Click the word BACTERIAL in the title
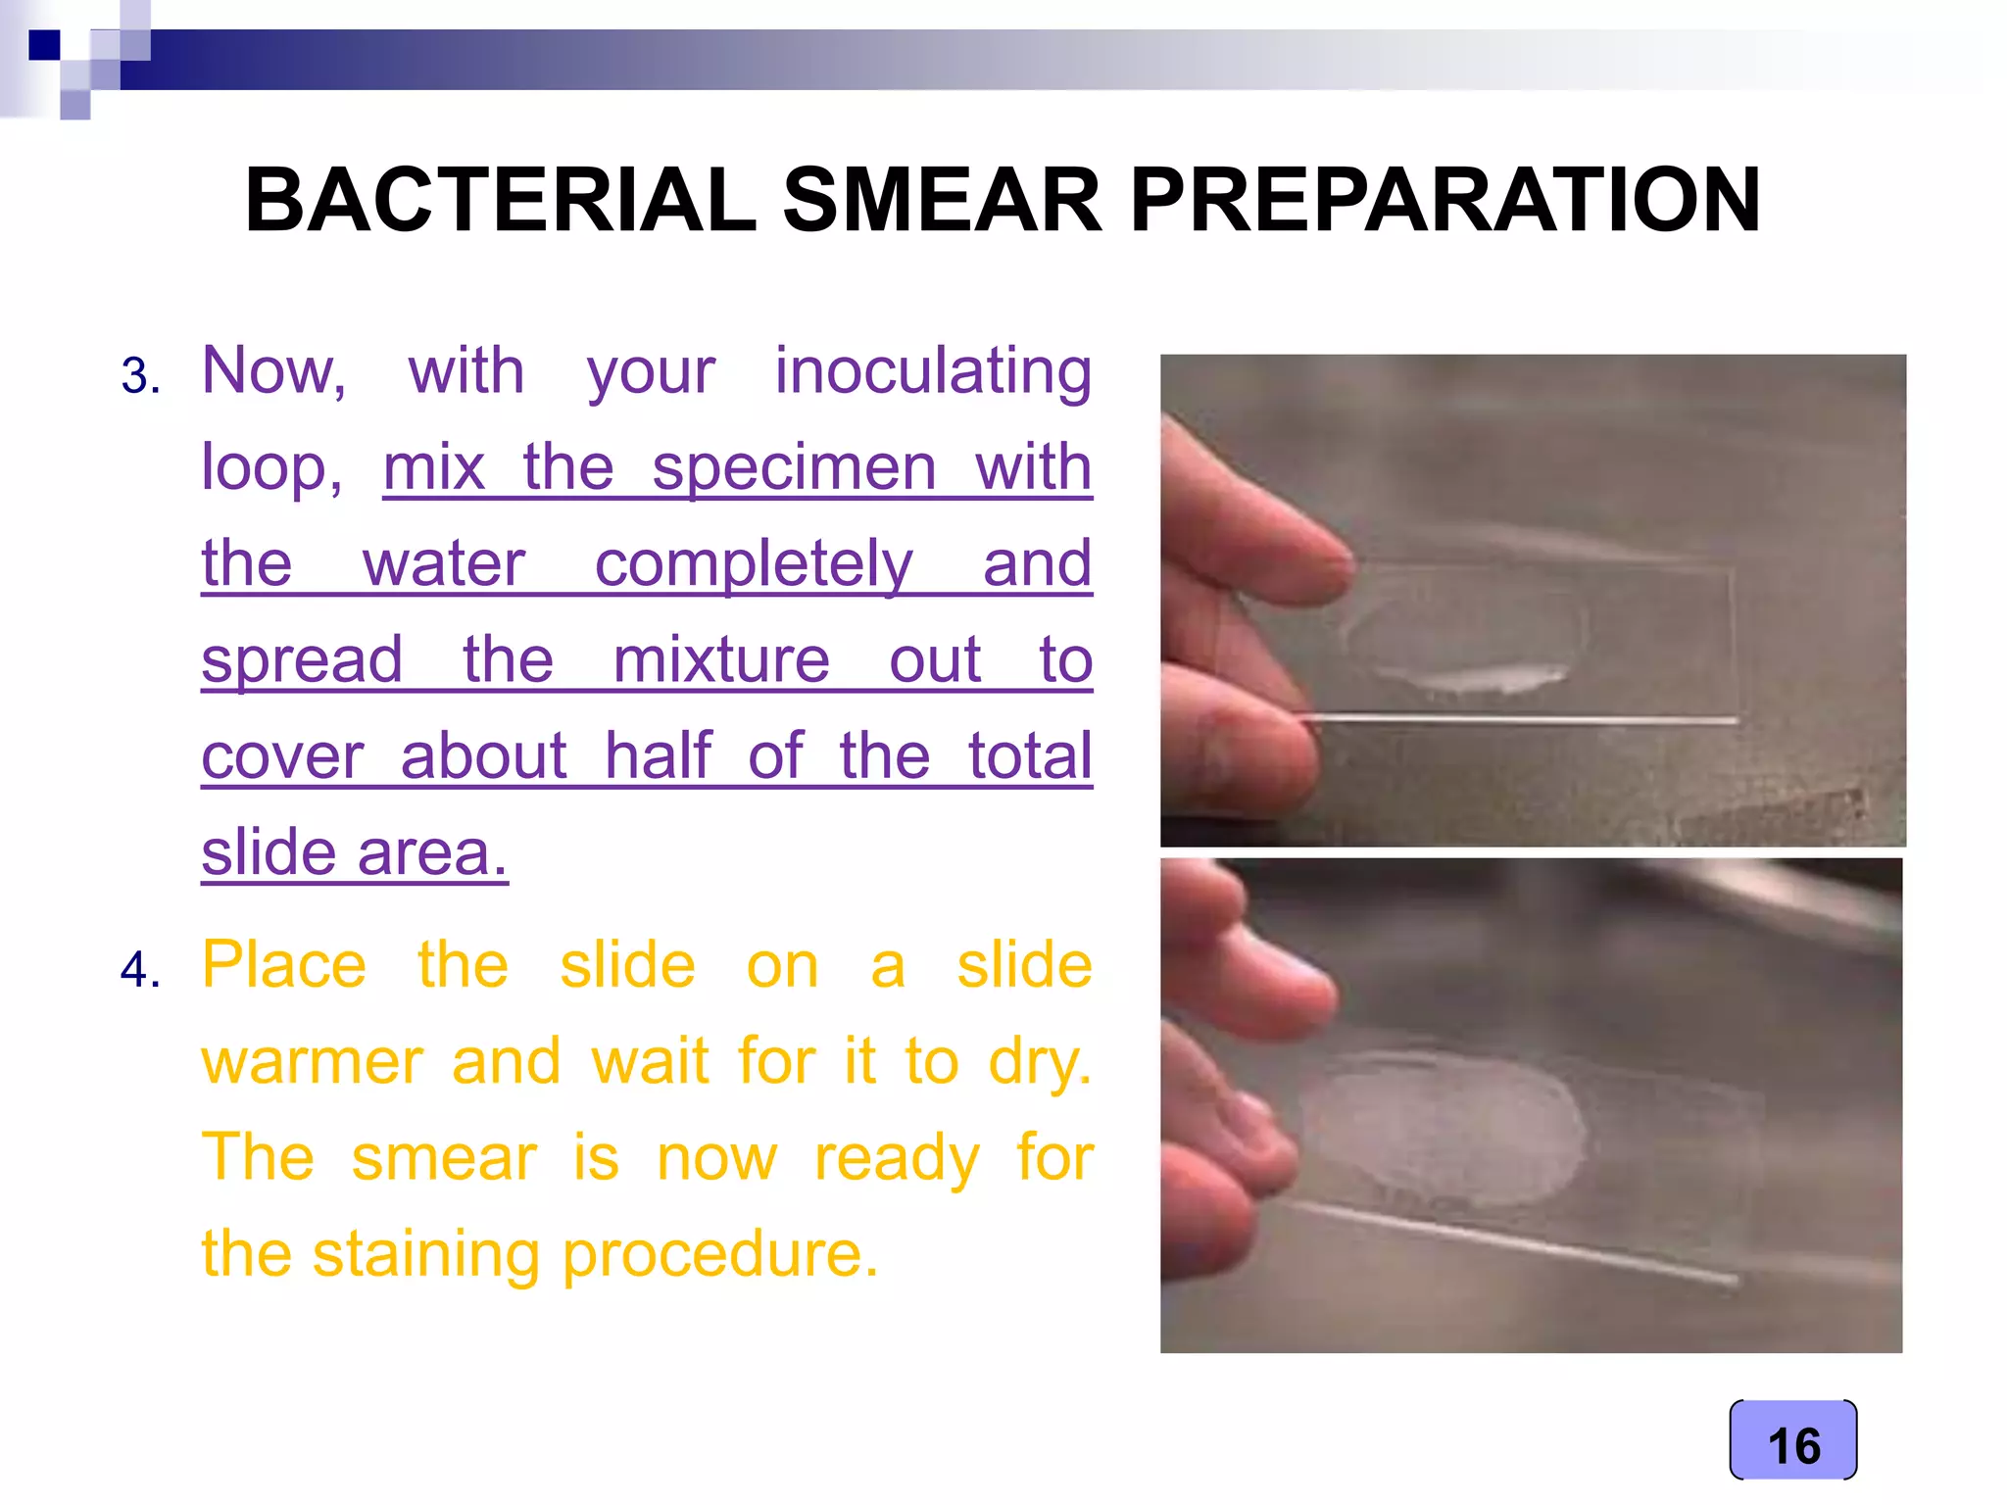tap(500, 201)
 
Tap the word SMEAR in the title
tap(943, 201)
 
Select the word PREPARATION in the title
tap(1444, 201)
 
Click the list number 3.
tap(140, 376)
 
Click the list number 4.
tap(140, 970)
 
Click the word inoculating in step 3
tap(933, 372)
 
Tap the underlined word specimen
tap(794, 467)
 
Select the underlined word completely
tap(754, 564)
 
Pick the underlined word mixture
tap(720, 660)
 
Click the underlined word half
tap(657, 756)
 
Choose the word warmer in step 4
tap(312, 1062)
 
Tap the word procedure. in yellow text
tap(720, 1254)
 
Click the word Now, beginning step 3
tap(273, 372)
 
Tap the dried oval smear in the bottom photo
tap(1441, 1132)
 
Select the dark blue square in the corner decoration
tap(44, 45)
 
